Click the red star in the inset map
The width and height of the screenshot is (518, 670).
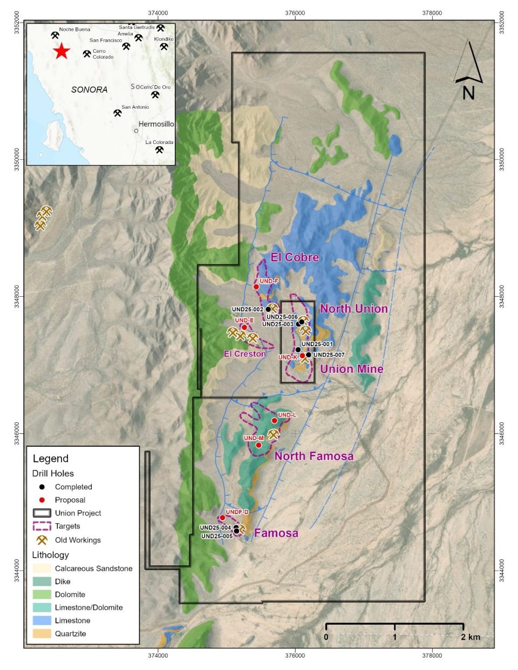click(62, 51)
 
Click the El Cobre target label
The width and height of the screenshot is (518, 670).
click(295, 257)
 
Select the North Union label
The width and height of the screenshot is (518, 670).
click(353, 309)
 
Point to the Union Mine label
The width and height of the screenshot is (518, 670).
click(351, 369)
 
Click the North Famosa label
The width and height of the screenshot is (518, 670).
click(313, 456)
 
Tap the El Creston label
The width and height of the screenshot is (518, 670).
click(245, 354)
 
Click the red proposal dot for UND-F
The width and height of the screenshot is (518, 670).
click(256, 287)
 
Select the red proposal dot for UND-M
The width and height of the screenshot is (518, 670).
click(258, 445)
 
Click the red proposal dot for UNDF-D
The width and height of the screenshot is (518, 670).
click(222, 518)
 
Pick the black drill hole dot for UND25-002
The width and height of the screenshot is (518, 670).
click(268, 310)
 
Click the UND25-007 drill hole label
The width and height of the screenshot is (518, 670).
click(329, 355)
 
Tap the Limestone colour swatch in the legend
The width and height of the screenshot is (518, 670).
click(42, 621)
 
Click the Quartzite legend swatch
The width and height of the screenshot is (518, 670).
click(42, 634)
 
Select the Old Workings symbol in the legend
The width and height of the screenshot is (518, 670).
click(42, 540)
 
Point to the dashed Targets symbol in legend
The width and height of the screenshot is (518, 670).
click(42, 527)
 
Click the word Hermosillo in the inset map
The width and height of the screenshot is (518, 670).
click(156, 124)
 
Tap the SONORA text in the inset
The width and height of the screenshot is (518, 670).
click(89, 90)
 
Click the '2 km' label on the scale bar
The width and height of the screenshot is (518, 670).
click(470, 637)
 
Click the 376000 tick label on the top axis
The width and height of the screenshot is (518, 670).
click(295, 13)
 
